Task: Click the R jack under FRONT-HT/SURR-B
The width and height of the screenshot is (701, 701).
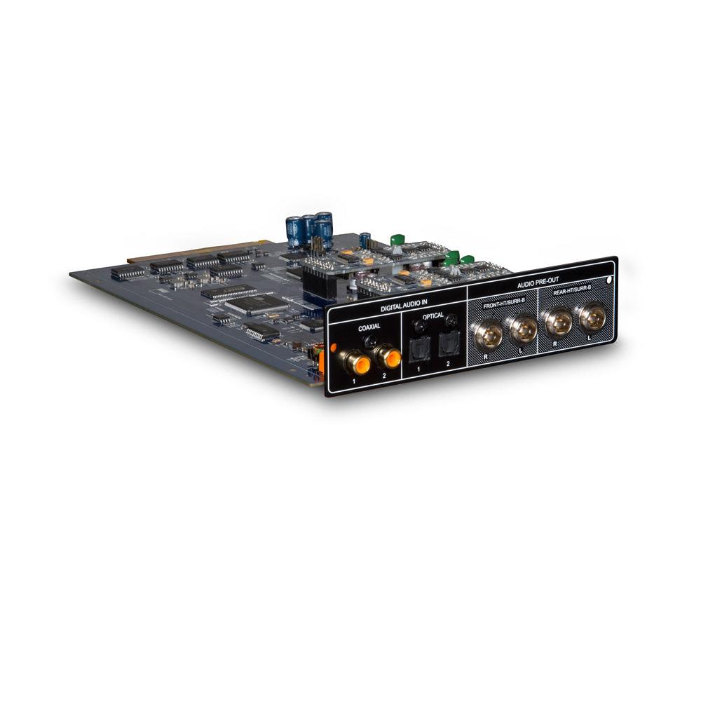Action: click(x=488, y=335)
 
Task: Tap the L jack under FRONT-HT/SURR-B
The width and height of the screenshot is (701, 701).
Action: click(x=522, y=329)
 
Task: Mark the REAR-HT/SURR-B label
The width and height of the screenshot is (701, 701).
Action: click(x=573, y=294)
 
